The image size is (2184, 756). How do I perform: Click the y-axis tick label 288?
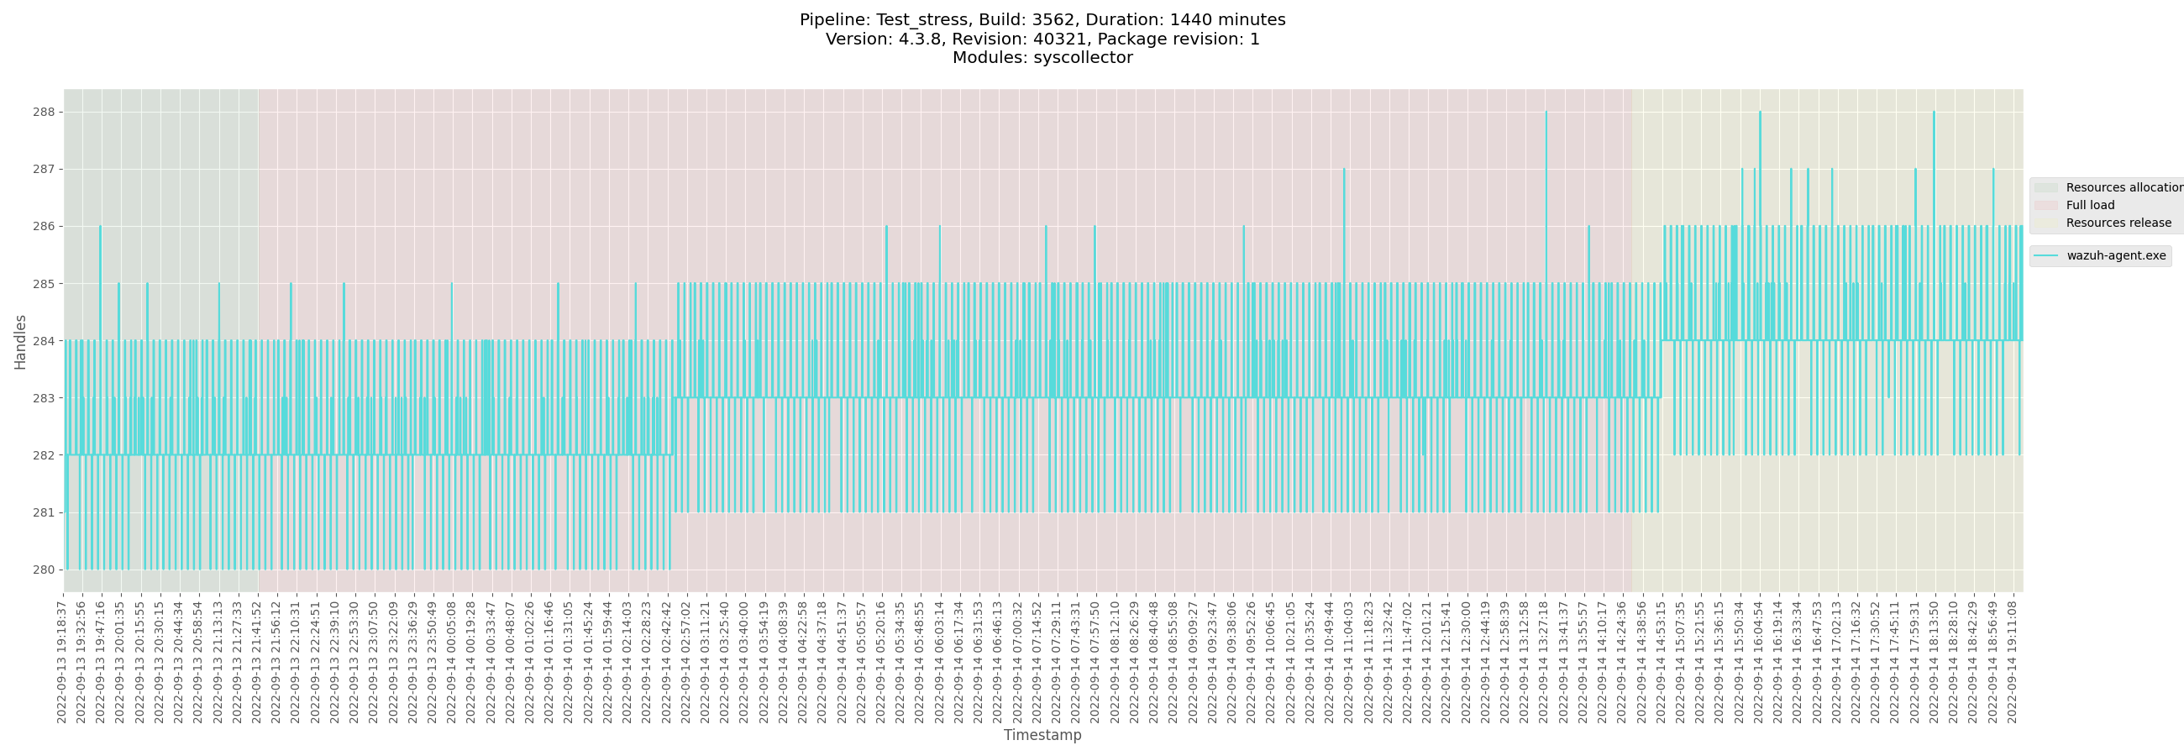[44, 112]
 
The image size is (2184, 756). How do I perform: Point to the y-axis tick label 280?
[44, 570]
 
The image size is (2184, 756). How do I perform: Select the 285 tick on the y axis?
[44, 284]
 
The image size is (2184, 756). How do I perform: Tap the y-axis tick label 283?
[44, 398]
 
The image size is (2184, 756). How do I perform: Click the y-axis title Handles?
[20, 342]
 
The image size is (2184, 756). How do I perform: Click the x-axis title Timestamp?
[1042, 735]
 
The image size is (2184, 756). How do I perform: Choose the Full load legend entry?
[2090, 205]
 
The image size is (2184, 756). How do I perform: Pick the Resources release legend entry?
[2118, 223]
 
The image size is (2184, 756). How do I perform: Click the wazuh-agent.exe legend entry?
[2115, 256]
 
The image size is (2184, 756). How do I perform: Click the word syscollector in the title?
[1081, 58]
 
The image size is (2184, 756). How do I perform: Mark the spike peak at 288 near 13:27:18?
[1546, 113]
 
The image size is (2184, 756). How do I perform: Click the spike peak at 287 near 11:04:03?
[1344, 170]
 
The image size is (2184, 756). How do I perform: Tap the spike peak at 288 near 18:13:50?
[1934, 113]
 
